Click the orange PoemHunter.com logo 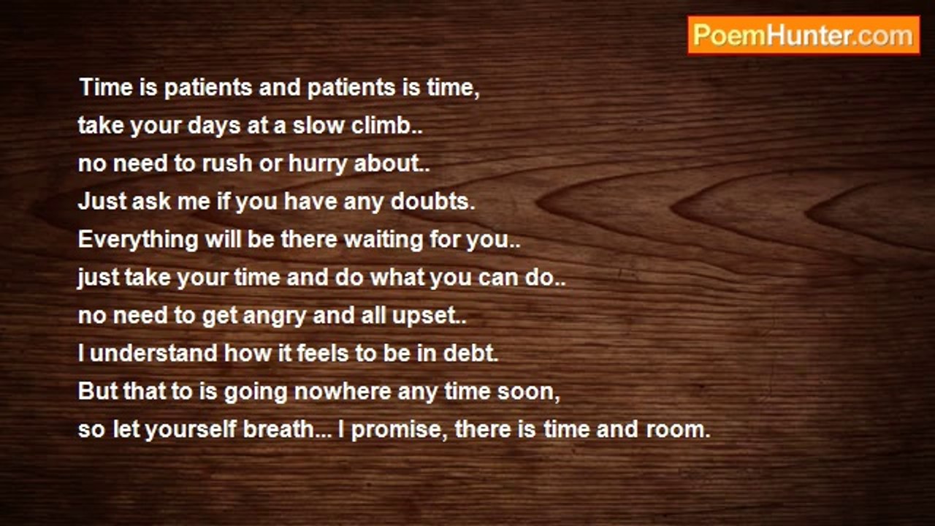click(804, 36)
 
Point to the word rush click(227, 163)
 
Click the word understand click(153, 353)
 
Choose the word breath click(278, 429)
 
